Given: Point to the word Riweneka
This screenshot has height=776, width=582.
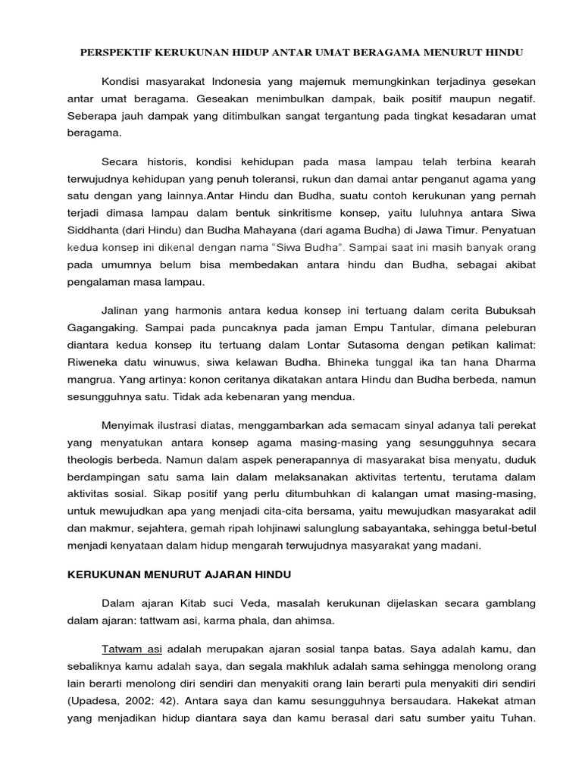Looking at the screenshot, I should (86, 361).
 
